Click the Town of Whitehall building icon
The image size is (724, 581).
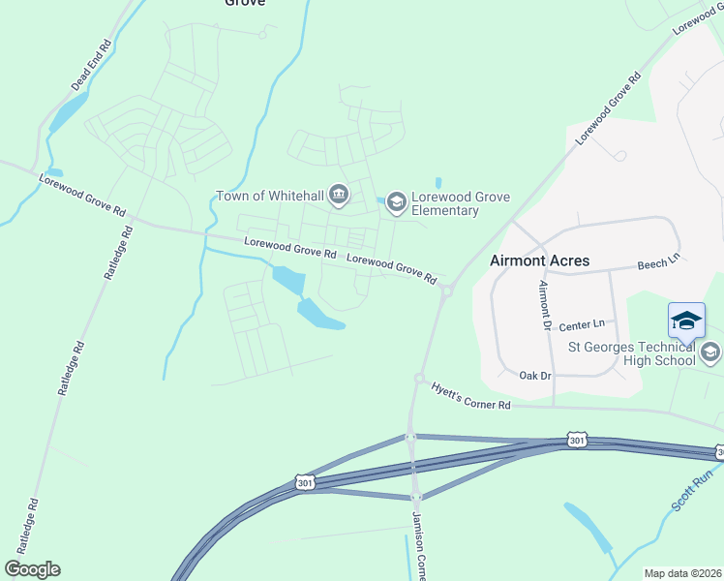[x=338, y=197]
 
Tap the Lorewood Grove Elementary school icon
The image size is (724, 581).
[x=395, y=202]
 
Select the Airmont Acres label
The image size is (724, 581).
[x=539, y=260]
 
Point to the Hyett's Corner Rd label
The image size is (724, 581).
[x=470, y=396]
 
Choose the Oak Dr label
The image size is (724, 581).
[x=534, y=375]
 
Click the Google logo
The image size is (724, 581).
[x=32, y=569]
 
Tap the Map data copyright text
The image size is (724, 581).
[x=682, y=573]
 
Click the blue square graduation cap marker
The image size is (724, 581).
[x=686, y=321]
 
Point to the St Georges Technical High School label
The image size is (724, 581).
[x=631, y=353]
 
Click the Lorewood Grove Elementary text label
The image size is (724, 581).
[x=445, y=203]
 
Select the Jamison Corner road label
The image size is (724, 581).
[x=419, y=547]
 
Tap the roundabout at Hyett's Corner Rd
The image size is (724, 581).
[x=420, y=379]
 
